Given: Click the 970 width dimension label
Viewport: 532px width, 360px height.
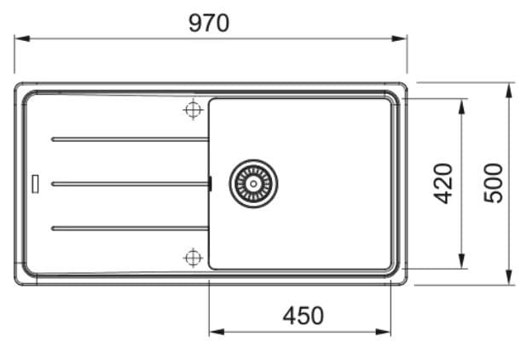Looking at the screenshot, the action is [209, 23].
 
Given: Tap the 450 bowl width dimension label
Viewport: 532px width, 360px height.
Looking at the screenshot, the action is [303, 316].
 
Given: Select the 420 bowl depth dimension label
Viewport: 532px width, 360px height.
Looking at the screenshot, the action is [443, 183].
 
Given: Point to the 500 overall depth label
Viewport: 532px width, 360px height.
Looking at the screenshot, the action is [493, 183].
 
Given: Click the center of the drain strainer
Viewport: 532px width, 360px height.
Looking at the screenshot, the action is [253, 183].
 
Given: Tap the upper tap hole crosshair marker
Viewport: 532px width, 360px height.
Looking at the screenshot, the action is [194, 109].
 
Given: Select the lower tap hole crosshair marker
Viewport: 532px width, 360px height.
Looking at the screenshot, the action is [193, 258].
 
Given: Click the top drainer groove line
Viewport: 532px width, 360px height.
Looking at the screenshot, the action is [130, 139].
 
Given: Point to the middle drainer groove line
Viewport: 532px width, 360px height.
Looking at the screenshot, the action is [130, 183].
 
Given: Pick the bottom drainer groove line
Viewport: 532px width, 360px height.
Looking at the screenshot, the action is [130, 229].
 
